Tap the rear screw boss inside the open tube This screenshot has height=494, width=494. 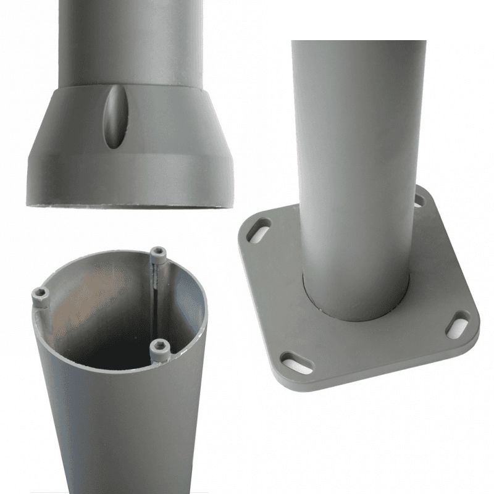pos(159,253)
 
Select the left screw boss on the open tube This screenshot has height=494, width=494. pos(41,293)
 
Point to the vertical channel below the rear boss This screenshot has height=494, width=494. pos(159,296)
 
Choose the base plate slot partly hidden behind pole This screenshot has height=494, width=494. pos(420,201)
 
